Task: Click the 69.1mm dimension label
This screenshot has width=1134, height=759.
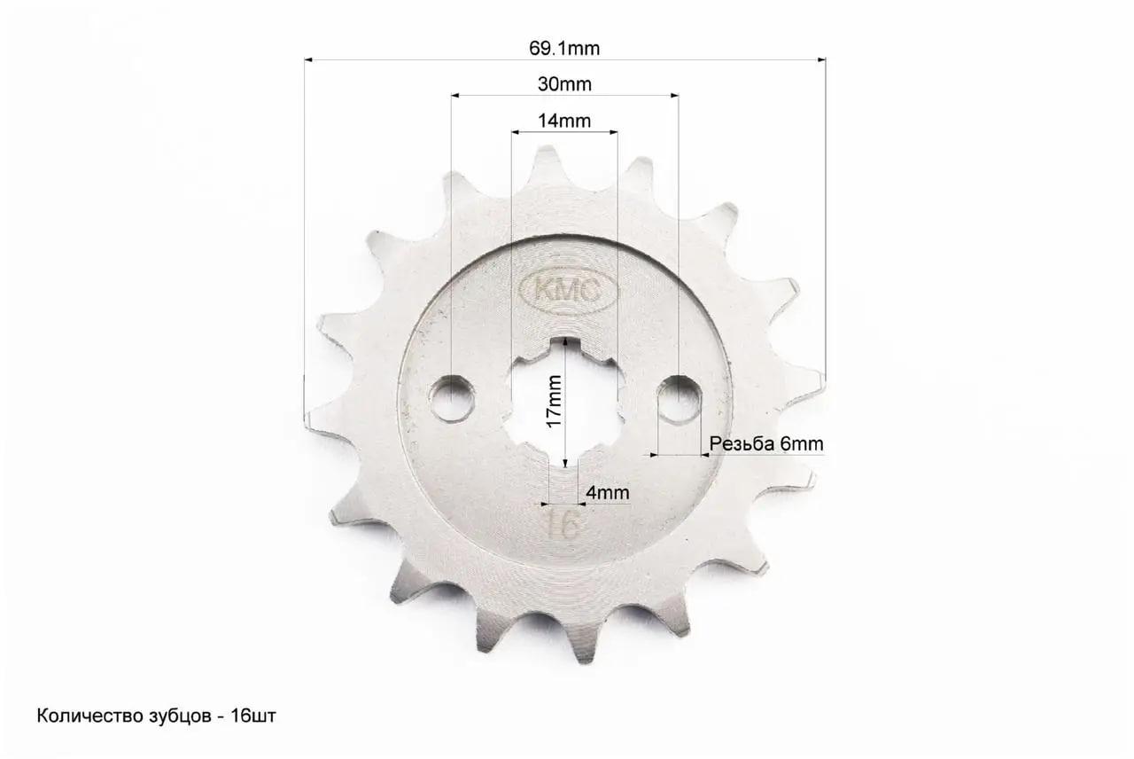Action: tap(564, 49)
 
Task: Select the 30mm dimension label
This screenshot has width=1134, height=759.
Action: tap(564, 84)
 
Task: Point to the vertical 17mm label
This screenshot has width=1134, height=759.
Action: tap(554, 400)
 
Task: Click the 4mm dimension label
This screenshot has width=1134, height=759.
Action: tap(607, 492)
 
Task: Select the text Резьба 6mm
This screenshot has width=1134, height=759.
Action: tap(766, 443)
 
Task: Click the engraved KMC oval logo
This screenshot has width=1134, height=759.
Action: tap(563, 288)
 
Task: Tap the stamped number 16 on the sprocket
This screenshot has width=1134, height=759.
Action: tap(564, 524)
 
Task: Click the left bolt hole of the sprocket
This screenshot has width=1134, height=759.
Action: tap(452, 398)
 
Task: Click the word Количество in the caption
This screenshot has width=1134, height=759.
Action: tap(79, 716)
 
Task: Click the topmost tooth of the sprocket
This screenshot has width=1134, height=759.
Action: tap(547, 160)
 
